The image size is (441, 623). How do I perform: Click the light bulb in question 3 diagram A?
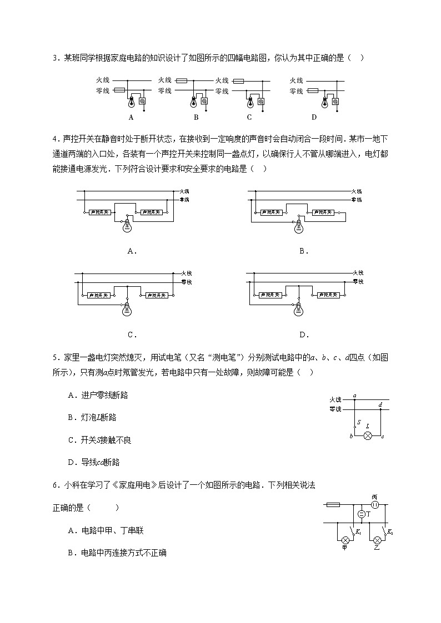132,102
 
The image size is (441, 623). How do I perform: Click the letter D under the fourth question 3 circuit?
314,117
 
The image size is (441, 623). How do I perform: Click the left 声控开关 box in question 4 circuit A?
101,212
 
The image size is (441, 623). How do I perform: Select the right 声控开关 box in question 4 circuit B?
323,212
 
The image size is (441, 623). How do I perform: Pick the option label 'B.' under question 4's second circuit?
304,251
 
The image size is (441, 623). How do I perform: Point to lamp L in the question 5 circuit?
367,437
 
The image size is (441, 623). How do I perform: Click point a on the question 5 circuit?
354,396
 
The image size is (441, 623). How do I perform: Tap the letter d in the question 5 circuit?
380,405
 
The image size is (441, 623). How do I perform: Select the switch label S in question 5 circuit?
359,422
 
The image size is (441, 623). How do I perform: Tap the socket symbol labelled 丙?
374,505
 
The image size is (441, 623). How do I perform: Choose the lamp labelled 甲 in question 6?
345,539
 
